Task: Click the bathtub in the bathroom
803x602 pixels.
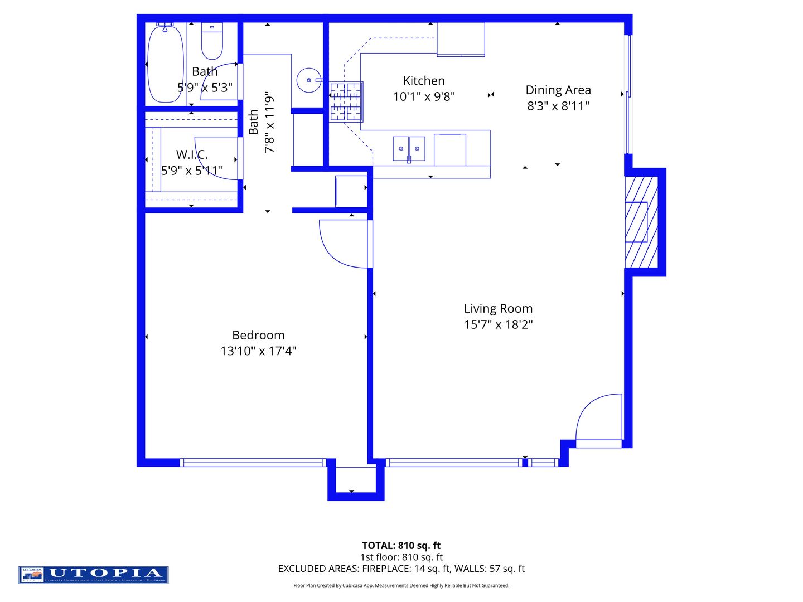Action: coord(165,63)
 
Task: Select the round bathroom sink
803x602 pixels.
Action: coord(308,80)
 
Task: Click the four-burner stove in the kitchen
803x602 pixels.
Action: coord(346,102)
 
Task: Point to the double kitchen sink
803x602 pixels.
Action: coord(409,149)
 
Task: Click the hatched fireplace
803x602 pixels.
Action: coord(641,222)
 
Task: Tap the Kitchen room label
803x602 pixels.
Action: coord(424,81)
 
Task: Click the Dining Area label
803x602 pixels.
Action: coord(558,90)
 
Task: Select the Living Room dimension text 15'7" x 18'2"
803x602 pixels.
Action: coord(498,324)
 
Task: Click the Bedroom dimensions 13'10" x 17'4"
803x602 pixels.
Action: coord(258,351)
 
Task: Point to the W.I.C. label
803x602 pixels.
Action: coord(192,154)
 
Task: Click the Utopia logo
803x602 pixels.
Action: coord(93,575)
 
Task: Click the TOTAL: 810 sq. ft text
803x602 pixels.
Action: coord(401,546)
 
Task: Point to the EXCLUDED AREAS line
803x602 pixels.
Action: coord(401,569)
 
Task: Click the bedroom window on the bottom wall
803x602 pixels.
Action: coord(253,462)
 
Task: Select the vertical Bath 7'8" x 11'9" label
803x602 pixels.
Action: coord(262,122)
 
